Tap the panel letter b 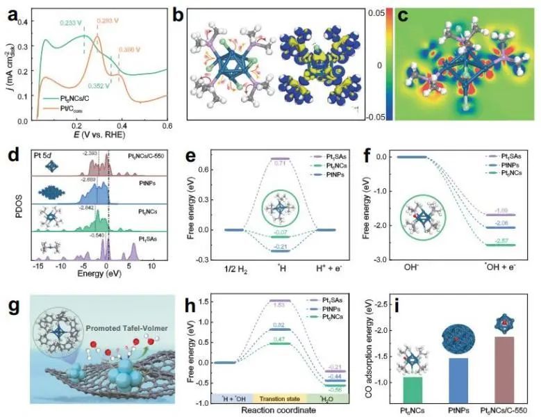pyautogui.click(x=178, y=13)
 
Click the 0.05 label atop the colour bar pyautogui.click(x=376, y=12)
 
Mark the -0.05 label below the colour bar pyautogui.click(x=375, y=115)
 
